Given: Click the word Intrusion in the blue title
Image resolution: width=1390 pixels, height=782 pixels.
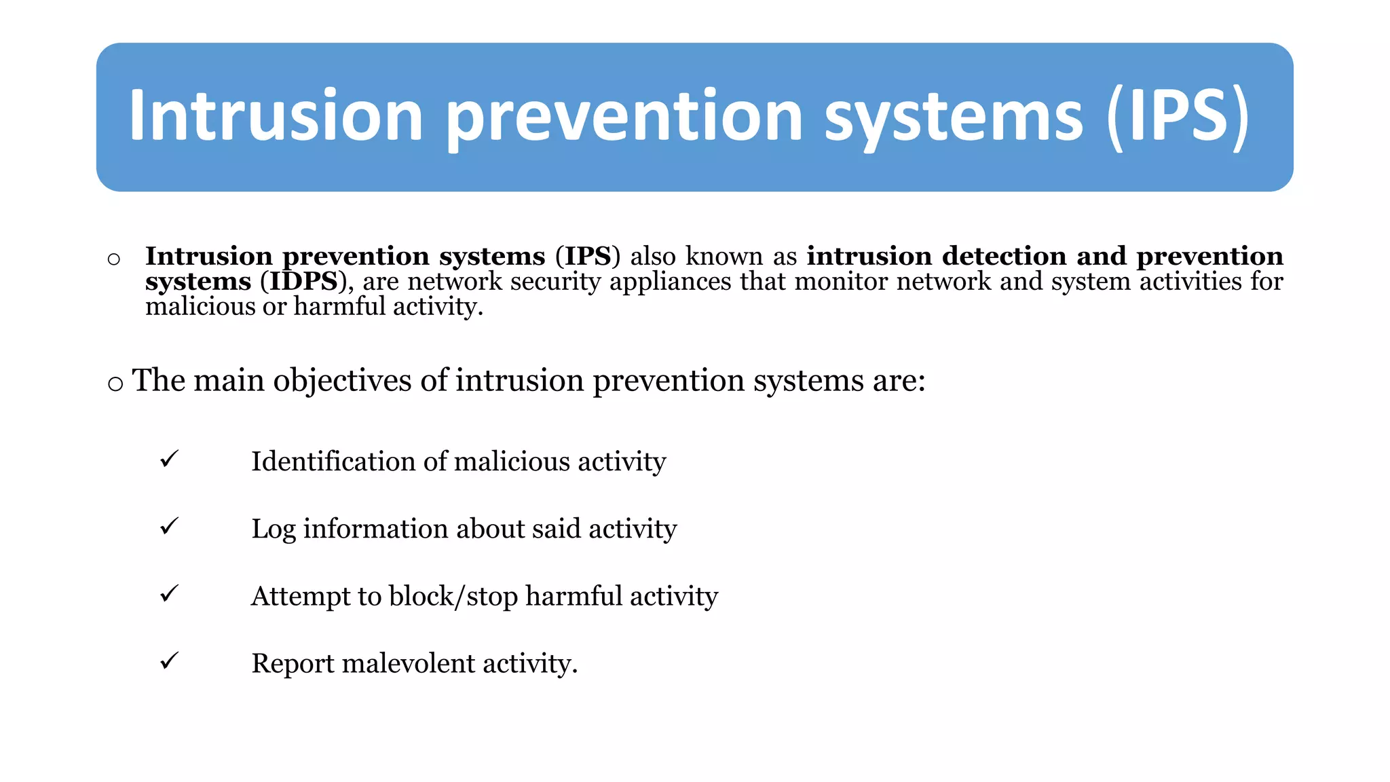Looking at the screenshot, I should pyautogui.click(x=276, y=116).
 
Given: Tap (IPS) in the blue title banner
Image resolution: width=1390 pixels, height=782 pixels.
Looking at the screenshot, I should pyautogui.click(x=1178, y=116).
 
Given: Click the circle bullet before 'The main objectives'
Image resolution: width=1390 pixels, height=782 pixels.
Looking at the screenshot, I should pyautogui.click(x=115, y=384).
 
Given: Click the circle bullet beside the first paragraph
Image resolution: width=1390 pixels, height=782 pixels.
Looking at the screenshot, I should pyautogui.click(x=114, y=259).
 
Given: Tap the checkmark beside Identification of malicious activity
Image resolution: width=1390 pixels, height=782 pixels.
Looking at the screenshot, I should pyautogui.click(x=169, y=459).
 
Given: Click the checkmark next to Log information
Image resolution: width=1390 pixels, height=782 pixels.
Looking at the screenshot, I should pyautogui.click(x=169, y=526).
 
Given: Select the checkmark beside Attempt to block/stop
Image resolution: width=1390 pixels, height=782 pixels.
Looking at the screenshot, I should pyautogui.click(x=169, y=593).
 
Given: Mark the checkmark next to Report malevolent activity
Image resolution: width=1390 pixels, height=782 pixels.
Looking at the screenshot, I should pyautogui.click(x=169, y=660).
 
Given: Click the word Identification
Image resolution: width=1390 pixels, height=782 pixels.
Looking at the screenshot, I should pyautogui.click(x=333, y=462).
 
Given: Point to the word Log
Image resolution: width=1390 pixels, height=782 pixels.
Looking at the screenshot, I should pyautogui.click(x=273, y=529).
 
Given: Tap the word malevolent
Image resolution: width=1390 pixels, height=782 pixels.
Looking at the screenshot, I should pyautogui.click(x=408, y=663).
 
